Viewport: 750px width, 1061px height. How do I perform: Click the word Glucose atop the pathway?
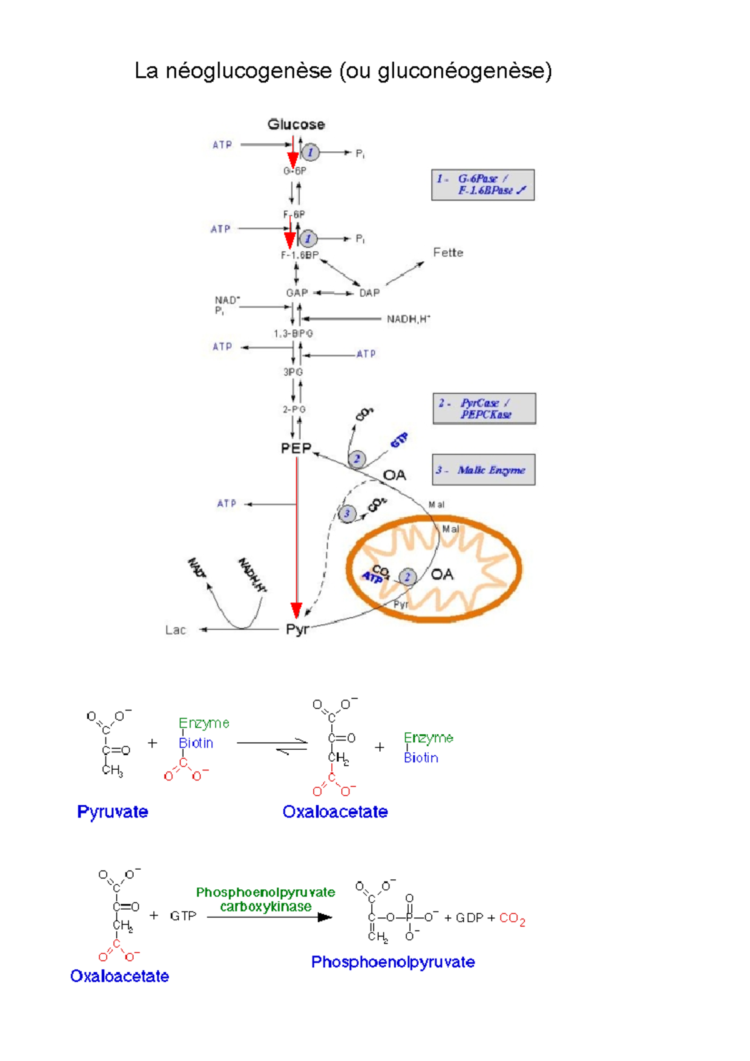[x=296, y=124]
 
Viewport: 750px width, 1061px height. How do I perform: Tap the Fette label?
[x=448, y=252]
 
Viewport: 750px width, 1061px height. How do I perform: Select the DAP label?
[x=369, y=292]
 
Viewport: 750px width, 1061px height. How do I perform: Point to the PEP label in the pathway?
[x=296, y=448]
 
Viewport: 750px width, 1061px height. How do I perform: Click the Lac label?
[x=176, y=630]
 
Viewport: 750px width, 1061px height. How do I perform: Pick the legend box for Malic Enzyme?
[x=484, y=470]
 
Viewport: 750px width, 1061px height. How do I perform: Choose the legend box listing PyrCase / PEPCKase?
[x=484, y=409]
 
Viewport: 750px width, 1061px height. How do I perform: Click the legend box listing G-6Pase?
[x=482, y=185]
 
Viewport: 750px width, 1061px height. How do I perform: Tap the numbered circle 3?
[x=347, y=514]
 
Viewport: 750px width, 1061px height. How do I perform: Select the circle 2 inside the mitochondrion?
[x=407, y=577]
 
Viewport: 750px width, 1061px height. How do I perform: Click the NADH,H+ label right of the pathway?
[x=408, y=319]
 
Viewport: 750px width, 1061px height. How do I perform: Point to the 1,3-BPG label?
[x=293, y=334]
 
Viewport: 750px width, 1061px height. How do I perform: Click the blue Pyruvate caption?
[x=112, y=812]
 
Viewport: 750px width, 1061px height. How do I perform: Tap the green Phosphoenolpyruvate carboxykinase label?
[x=266, y=899]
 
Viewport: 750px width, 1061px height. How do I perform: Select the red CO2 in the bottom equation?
[x=512, y=919]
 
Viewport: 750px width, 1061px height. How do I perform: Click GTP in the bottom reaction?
[x=183, y=916]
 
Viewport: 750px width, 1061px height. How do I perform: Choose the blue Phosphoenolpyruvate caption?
[x=392, y=962]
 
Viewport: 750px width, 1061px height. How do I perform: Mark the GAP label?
[x=297, y=292]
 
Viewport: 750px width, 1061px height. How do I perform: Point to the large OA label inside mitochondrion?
[x=442, y=574]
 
